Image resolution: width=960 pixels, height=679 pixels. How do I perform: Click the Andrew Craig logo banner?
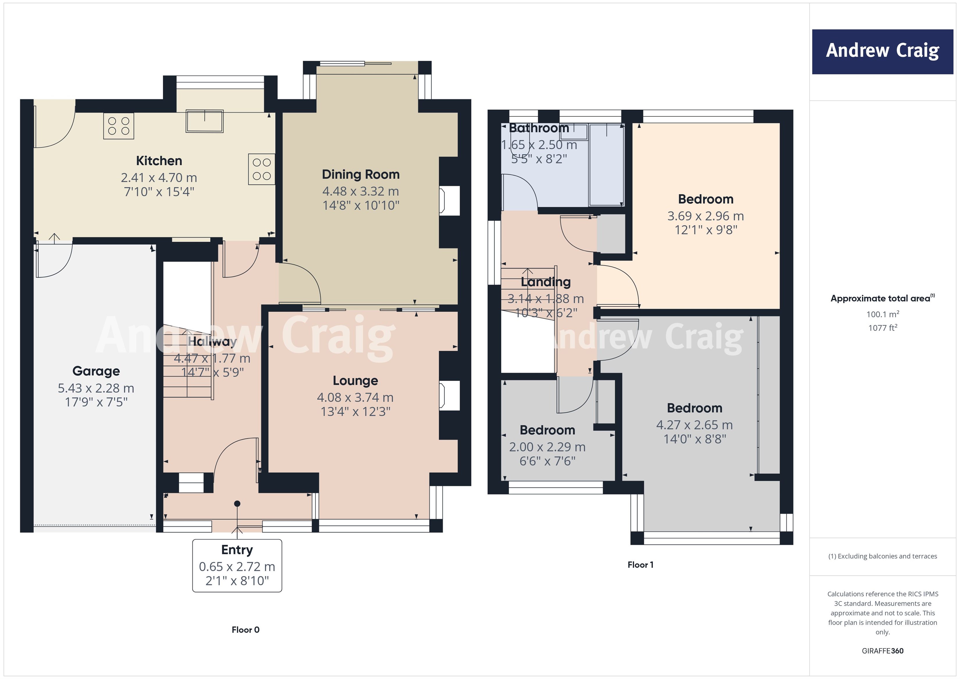click(882, 51)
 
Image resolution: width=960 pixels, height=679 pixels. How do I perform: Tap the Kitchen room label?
click(159, 161)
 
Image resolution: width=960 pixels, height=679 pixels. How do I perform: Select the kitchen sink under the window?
click(205, 120)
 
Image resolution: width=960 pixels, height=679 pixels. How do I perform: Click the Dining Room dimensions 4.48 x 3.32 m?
click(360, 191)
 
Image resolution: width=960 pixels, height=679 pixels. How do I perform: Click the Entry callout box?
click(237, 565)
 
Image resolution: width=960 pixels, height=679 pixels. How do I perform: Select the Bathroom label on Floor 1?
click(539, 128)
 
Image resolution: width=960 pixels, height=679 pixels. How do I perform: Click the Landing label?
click(546, 282)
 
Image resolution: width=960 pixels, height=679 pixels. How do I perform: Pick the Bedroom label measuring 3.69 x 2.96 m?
click(705, 199)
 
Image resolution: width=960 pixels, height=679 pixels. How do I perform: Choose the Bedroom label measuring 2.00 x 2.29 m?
click(547, 430)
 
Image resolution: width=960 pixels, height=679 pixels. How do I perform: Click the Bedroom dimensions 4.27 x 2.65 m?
click(694, 425)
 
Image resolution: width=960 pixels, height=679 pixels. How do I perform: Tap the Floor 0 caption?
click(246, 630)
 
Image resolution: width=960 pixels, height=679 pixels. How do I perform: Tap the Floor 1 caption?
click(640, 564)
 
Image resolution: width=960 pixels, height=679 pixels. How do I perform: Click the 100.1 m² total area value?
click(882, 314)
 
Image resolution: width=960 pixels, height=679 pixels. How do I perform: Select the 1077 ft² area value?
click(882, 328)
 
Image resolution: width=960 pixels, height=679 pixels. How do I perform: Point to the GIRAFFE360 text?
click(882, 650)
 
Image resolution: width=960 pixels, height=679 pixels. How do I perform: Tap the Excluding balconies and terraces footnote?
click(882, 556)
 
